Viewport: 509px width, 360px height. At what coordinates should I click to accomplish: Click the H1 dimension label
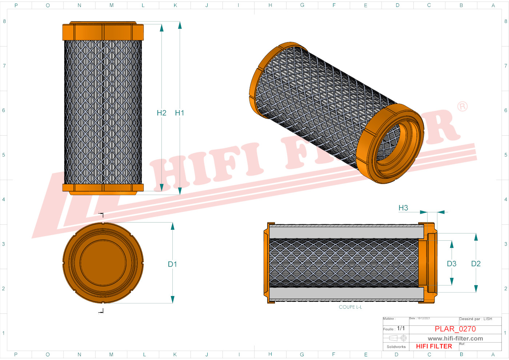tap(180, 113)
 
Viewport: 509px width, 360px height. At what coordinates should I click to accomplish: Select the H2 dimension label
tap(161, 113)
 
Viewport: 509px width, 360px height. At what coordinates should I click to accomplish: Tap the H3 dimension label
tap(403, 208)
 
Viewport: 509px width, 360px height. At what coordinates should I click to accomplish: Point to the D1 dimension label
tap(172, 264)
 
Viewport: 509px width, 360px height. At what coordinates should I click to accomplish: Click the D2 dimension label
tap(476, 264)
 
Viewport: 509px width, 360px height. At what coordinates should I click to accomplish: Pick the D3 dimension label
tap(452, 264)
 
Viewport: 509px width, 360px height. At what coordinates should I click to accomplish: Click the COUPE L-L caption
tap(350, 307)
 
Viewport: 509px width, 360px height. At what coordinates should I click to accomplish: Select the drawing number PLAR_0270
tap(455, 329)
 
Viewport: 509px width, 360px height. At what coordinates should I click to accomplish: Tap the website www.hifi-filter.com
tap(455, 339)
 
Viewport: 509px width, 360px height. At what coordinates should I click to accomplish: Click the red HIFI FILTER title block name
tap(434, 346)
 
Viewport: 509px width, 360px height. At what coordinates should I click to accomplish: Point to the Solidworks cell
tap(396, 347)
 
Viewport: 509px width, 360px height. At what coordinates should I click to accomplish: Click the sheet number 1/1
tap(401, 328)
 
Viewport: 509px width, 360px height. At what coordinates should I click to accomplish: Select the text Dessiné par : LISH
tap(476, 319)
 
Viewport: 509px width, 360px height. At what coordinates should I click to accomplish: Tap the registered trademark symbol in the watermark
tap(462, 107)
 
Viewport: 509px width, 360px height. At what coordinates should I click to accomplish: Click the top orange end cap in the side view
tap(103, 32)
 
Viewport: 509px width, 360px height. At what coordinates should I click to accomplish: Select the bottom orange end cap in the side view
tap(103, 188)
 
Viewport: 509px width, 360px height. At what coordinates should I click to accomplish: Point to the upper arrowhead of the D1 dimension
tap(172, 227)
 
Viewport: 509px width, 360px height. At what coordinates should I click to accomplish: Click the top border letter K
tap(175, 5)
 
